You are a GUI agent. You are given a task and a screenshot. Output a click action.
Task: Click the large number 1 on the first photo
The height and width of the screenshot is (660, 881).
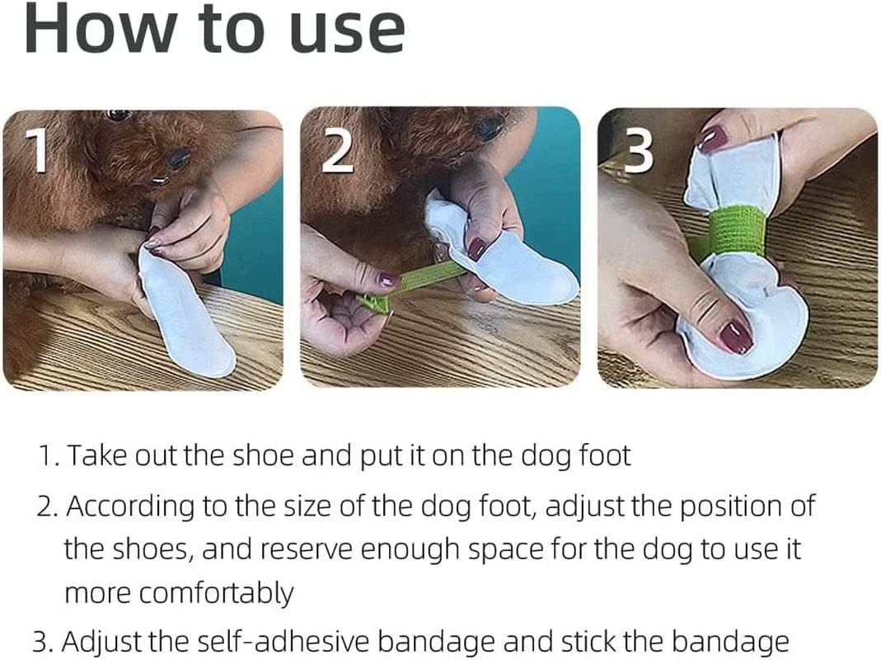pos(36,152)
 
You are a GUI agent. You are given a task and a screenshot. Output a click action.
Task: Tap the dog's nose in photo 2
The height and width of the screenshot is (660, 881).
pos(490,126)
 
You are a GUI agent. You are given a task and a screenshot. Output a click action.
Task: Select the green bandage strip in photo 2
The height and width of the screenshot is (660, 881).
pos(420,280)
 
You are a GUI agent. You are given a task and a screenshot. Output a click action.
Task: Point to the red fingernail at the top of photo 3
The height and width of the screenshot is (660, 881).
pos(711,138)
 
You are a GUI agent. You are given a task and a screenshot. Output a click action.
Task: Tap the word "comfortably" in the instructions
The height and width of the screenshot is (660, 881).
pos(179,593)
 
